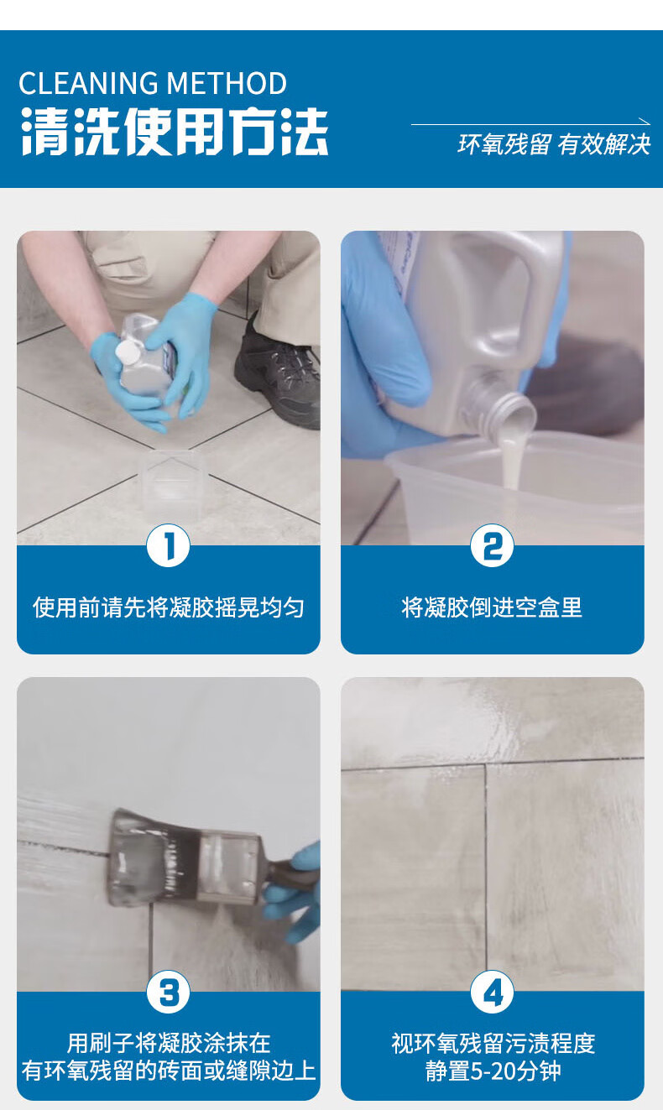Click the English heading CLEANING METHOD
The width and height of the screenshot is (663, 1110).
153,83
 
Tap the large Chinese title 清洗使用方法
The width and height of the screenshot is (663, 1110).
174,132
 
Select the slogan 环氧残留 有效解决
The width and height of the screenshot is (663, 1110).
554,144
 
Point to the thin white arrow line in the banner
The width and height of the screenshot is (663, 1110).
530,123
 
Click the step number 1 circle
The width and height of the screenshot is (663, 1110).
168,545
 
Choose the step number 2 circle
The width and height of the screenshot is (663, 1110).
492,545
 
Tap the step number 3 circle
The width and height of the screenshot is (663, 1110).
168,992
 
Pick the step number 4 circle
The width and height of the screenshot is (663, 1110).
492,992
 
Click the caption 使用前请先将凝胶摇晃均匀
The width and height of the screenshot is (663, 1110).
169,607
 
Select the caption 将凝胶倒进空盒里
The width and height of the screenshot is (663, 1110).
492,607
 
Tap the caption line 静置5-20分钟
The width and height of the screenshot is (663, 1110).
493,1071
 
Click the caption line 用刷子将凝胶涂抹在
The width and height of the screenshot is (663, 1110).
169,1043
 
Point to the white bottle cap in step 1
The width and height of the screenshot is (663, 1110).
127,351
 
